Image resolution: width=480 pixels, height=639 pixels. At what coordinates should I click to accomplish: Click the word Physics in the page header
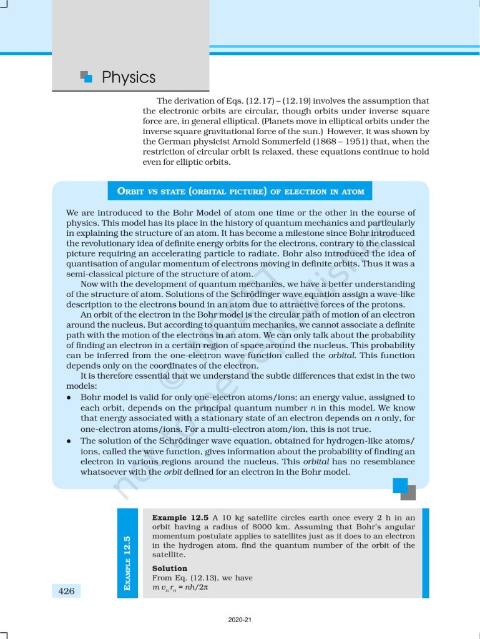point(129,77)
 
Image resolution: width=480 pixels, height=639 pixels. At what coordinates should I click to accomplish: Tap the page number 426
point(66,591)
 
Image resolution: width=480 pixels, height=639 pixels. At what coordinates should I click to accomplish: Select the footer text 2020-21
point(240,620)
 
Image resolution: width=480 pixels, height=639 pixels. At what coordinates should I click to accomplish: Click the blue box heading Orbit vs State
point(240,191)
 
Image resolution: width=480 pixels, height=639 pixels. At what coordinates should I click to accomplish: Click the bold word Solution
point(170,568)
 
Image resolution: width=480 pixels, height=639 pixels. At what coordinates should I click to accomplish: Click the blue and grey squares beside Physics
point(87,77)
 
